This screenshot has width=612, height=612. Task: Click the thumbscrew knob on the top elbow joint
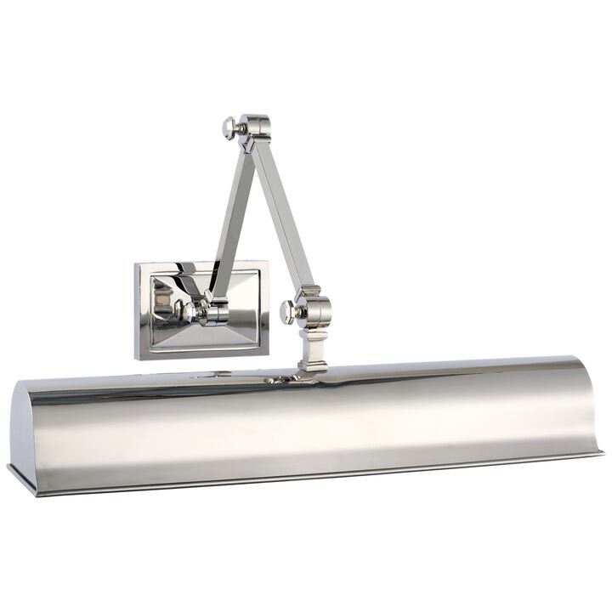click(x=229, y=127)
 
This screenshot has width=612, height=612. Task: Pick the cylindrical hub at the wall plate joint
click(x=214, y=312)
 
